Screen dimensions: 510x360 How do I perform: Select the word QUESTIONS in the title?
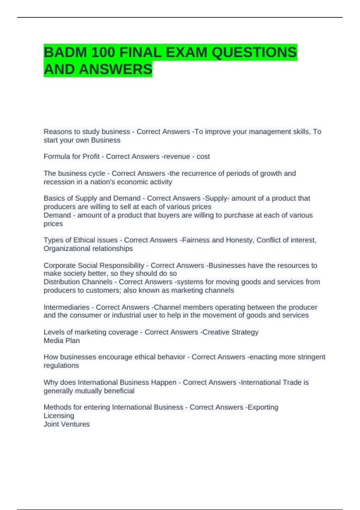[254, 52]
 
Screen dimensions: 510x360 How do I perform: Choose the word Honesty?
[239, 240]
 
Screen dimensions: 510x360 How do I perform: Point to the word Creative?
[216, 332]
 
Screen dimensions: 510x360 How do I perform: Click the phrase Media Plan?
[61, 341]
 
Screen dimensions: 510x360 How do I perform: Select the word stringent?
[311, 357]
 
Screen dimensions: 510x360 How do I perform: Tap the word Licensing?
[59, 416]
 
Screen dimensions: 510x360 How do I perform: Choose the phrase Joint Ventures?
[67, 424]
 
